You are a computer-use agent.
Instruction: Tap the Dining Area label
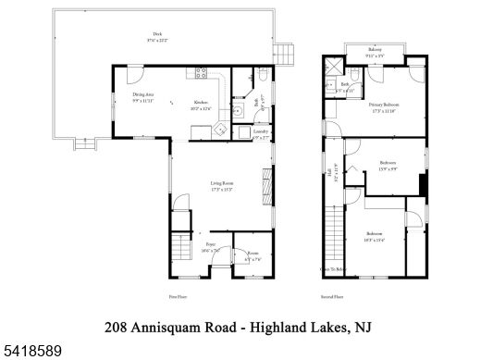click(142, 95)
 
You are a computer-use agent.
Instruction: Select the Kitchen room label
click(200, 102)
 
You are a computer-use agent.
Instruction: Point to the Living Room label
click(221, 184)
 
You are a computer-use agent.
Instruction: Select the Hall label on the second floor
click(329, 171)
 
